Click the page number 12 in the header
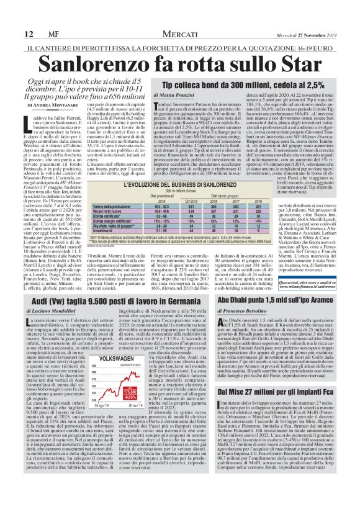tap(11, 18)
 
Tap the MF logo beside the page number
tap(38, 18)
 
